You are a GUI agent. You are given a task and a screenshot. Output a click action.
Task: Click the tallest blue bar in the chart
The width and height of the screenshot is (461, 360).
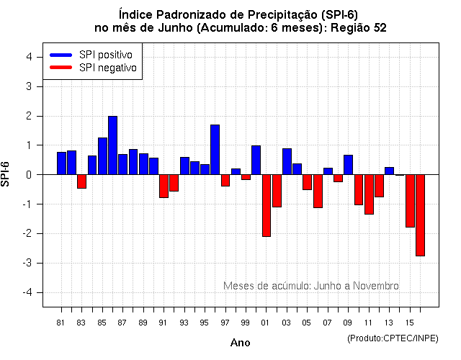point(113,145)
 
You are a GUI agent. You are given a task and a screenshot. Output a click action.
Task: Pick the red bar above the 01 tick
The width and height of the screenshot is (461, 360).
point(267,205)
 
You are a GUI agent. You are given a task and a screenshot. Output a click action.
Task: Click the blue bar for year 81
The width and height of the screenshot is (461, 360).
point(62,163)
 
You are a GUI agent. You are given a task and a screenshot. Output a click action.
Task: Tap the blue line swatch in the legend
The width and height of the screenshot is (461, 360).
point(61,55)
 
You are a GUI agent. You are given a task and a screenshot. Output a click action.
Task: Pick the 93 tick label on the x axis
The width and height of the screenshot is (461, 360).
point(184,323)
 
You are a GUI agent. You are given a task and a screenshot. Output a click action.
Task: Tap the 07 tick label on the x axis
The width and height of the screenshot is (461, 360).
point(328,323)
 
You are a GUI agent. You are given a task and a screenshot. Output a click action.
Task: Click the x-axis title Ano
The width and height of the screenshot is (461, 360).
point(240,343)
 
